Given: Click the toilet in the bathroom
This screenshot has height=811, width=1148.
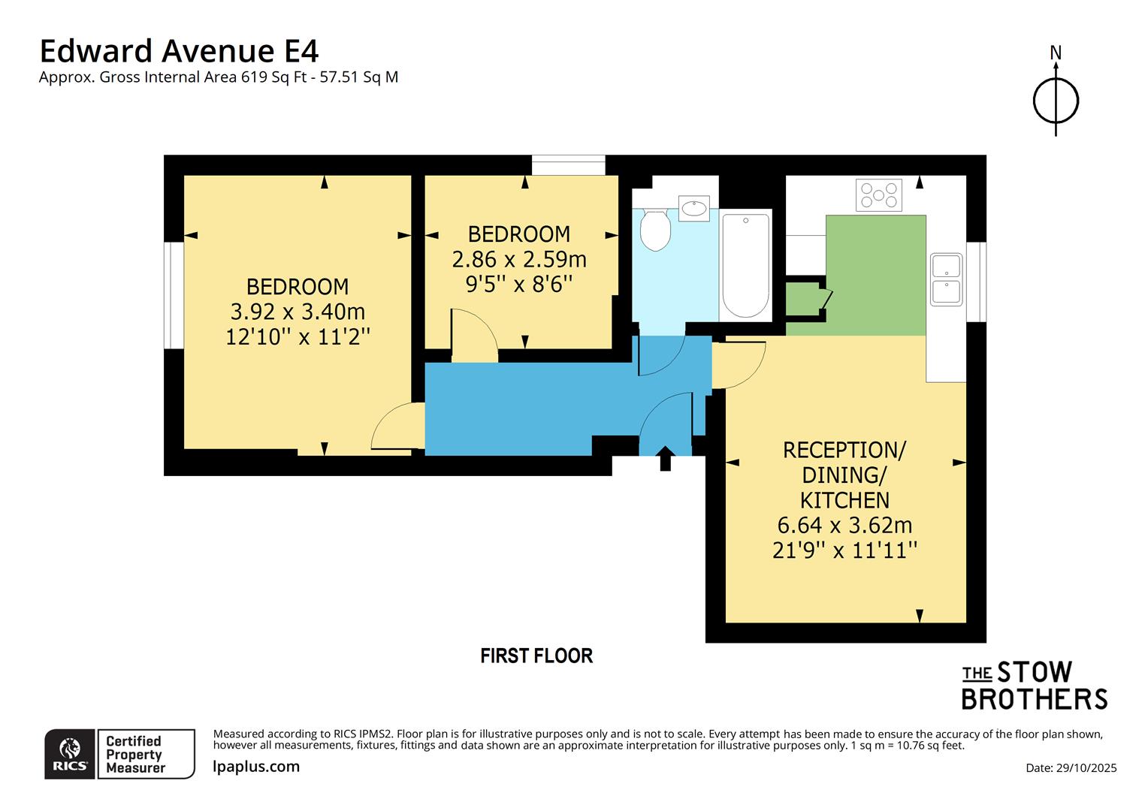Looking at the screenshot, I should [655, 228].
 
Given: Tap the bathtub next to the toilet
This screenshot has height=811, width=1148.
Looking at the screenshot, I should [745, 266].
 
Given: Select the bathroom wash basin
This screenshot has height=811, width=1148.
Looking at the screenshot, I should [693, 208].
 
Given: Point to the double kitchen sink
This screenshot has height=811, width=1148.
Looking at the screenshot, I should [946, 279].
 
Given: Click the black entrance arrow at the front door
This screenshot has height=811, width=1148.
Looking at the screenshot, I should [665, 458].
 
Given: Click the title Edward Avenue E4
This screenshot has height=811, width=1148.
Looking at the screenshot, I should [179, 51].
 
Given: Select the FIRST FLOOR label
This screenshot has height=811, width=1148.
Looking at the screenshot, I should [536, 656].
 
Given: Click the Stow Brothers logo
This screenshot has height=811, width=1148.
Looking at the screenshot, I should [1035, 686].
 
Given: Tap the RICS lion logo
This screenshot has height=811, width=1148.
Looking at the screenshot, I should [70, 754].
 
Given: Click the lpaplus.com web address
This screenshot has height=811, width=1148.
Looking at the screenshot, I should [256, 767].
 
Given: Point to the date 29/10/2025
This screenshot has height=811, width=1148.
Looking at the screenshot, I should [1071, 767].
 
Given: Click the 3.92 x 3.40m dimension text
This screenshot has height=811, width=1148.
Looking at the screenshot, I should [298, 312].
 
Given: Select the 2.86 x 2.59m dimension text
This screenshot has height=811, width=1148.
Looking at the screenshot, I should [519, 259].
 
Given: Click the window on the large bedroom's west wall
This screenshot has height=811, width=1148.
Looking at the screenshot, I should [174, 295].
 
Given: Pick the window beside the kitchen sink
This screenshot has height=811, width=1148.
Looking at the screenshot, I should [976, 282].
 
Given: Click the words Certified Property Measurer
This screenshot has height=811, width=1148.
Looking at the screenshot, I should [134, 754].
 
